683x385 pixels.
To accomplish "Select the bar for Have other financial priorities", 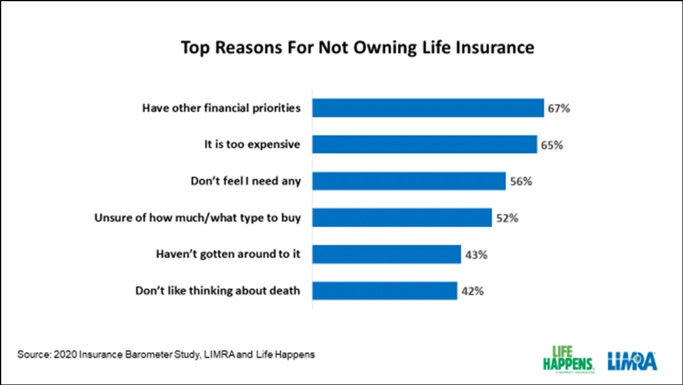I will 428,108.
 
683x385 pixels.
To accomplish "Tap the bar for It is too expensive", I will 425,144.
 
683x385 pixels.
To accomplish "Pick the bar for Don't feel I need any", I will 409,181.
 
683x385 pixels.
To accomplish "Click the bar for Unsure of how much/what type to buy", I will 402,218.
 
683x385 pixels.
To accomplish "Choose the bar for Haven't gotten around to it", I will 387,254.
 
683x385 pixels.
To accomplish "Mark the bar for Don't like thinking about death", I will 385,291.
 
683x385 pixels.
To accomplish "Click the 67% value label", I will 559,109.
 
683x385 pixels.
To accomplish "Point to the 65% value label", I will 552,145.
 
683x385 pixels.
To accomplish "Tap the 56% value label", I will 520,182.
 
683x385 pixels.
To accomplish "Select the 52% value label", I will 507,219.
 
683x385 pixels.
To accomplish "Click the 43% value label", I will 476,255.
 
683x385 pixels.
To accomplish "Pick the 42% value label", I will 472,292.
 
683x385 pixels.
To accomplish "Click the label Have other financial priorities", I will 222,108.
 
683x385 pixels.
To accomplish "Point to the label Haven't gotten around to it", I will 228,254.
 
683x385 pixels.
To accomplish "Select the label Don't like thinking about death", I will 218,291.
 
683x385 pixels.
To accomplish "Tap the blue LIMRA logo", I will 631,360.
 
